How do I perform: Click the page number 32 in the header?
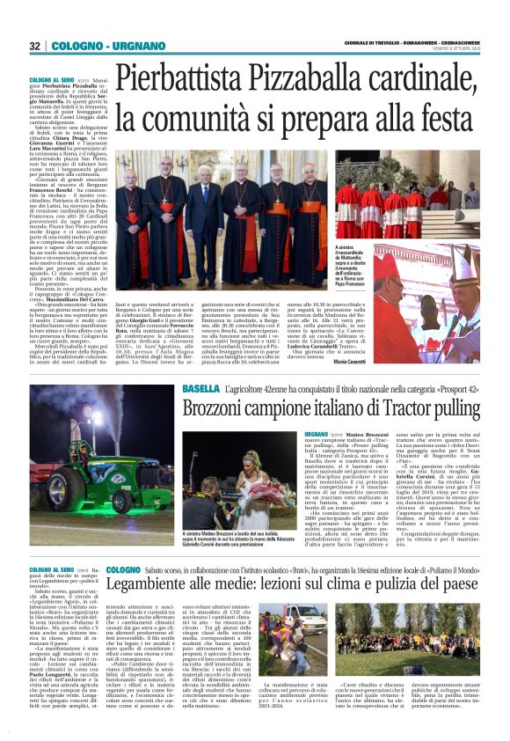[34, 46]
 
